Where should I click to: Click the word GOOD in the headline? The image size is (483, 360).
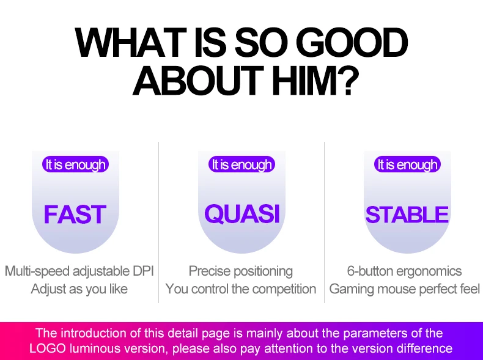353,43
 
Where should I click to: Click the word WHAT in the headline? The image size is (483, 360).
131,43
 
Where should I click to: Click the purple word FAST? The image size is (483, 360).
75,215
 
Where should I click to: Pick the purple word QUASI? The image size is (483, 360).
242,214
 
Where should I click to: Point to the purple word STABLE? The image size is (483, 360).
407,215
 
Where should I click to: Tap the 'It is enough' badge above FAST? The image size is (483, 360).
75,164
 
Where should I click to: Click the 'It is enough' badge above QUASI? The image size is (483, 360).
242,164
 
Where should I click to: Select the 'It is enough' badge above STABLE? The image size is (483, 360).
408,164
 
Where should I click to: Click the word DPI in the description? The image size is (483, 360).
143,271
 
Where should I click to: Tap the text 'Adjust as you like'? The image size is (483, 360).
79,289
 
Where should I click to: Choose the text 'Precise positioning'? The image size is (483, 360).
240,271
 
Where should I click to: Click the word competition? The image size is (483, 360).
284,289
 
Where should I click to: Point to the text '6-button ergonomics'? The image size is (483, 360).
404,271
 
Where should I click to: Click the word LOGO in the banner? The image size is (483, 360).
48,348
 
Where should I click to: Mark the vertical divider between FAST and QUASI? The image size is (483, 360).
158,222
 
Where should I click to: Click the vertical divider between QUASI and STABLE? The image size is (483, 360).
325,222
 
